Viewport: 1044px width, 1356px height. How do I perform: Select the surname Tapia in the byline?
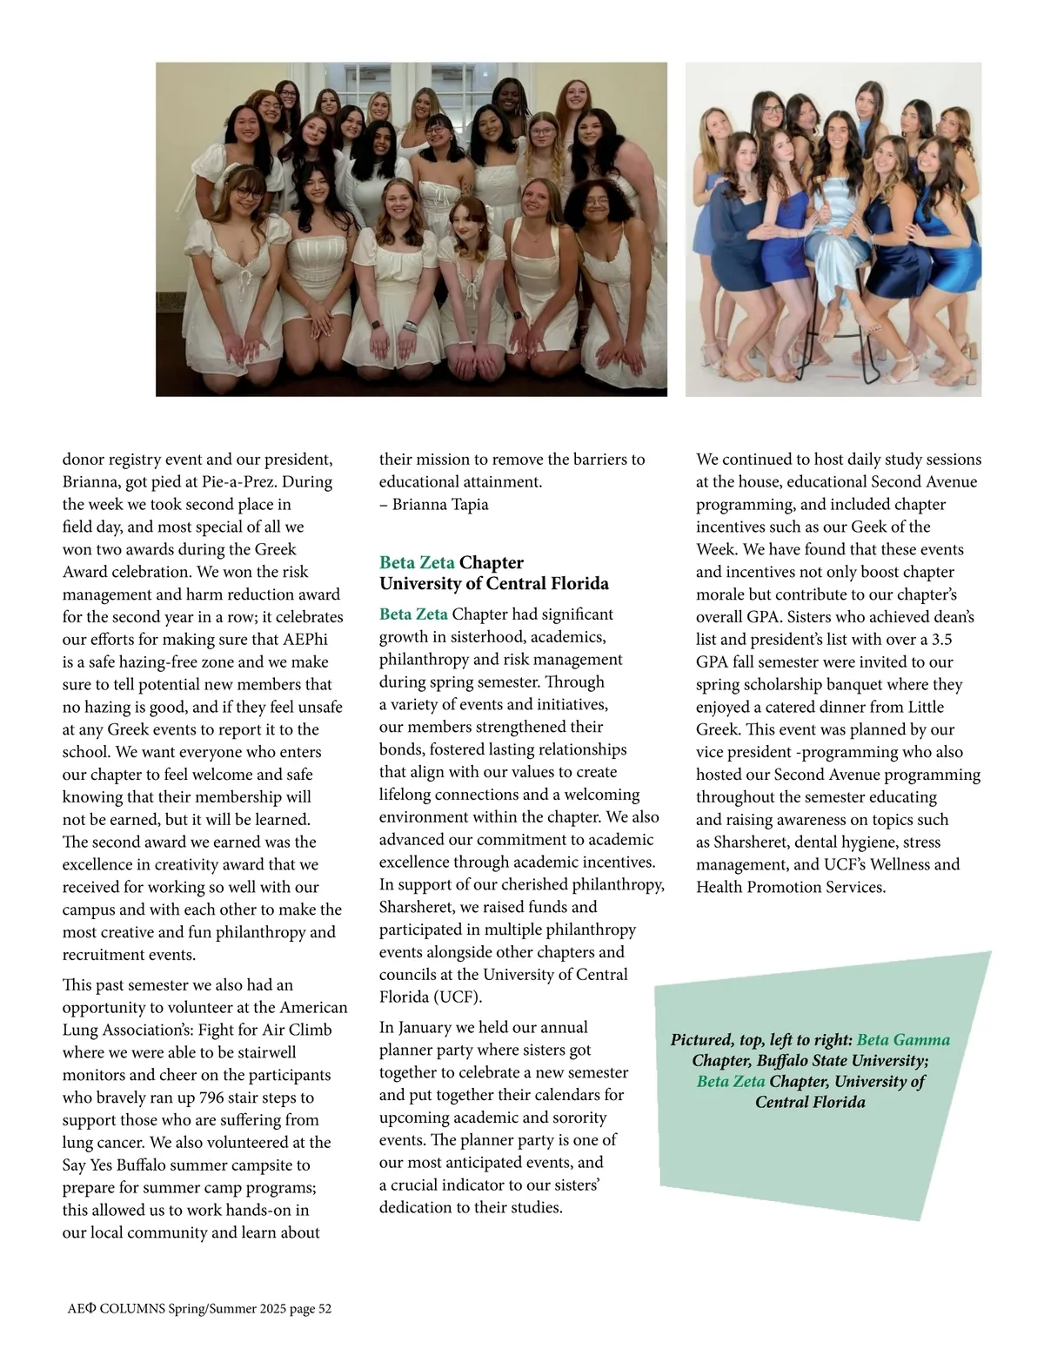(470, 504)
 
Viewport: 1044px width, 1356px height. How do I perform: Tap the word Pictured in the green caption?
(702, 1040)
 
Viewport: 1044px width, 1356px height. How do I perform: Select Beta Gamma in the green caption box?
(903, 1040)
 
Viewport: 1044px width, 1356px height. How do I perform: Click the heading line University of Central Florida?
(493, 584)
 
